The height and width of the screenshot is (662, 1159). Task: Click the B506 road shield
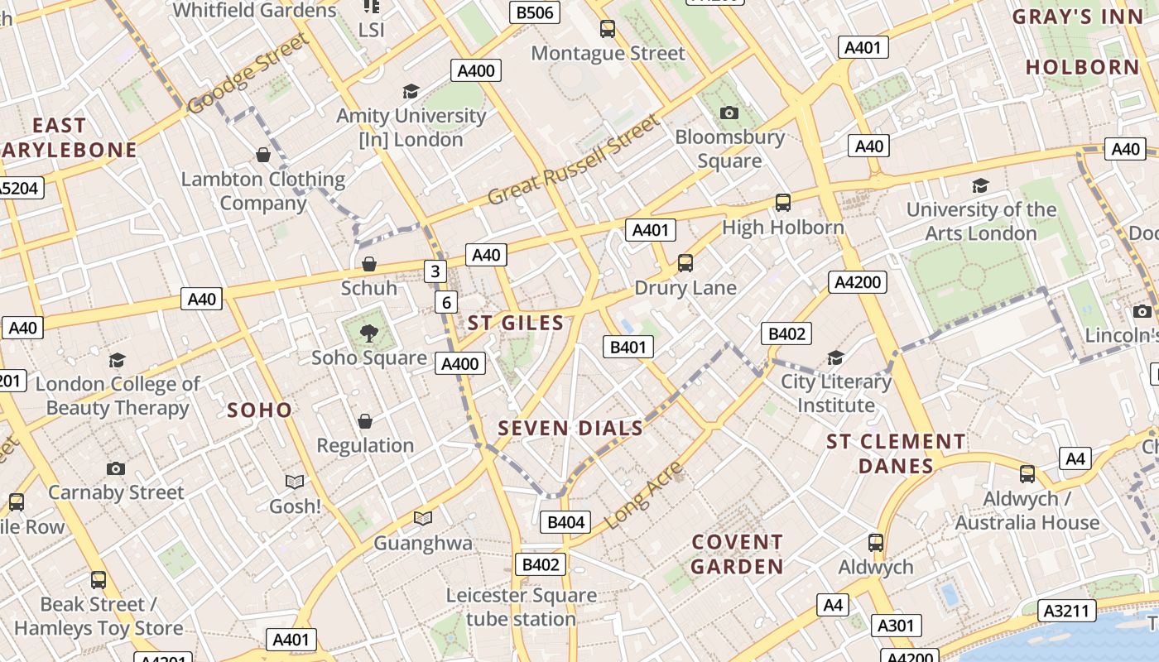tap(534, 12)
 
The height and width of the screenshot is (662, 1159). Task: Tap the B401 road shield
tap(627, 347)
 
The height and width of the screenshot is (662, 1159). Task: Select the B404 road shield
tap(566, 522)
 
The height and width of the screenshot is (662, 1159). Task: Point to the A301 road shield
tap(894, 626)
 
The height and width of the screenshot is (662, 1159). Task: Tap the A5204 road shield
tap(18, 188)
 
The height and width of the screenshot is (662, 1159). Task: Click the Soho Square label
tap(369, 357)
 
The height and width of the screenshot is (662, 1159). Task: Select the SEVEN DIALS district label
tap(570, 428)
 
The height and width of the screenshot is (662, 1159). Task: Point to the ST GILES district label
tap(515, 323)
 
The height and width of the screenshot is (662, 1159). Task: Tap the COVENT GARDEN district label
tap(737, 554)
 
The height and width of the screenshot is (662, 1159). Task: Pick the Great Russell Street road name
tap(574, 160)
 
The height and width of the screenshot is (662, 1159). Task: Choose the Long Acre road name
tap(643, 495)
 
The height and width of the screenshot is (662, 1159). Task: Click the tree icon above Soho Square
tap(369, 333)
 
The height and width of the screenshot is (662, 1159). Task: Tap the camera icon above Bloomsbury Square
tap(729, 113)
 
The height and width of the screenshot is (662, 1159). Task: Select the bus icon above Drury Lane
tap(685, 263)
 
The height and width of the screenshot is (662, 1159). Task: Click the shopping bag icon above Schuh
tap(369, 264)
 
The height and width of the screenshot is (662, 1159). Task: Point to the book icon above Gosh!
tap(294, 482)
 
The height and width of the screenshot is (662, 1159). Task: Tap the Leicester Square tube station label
tap(521, 607)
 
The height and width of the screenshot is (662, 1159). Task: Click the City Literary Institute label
tap(836, 393)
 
